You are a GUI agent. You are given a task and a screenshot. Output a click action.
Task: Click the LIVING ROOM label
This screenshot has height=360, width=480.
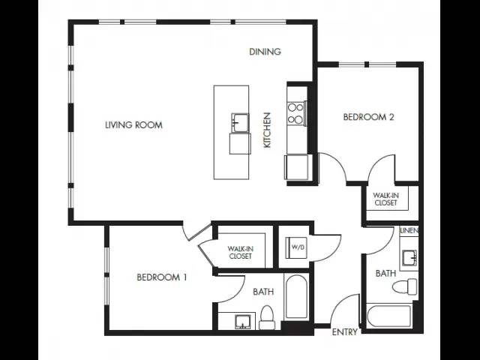[133, 125]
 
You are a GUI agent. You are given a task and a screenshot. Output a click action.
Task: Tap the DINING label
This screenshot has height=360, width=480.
[265, 52]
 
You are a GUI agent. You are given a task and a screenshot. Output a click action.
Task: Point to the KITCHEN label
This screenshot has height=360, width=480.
[267, 130]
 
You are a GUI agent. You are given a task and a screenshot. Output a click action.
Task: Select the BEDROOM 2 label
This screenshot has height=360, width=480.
[368, 117]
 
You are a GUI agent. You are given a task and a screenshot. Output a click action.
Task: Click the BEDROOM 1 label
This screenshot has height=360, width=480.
[162, 277]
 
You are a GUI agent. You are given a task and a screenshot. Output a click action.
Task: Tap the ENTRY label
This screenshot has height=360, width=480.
[345, 331]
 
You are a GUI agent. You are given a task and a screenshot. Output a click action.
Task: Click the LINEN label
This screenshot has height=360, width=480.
[409, 230]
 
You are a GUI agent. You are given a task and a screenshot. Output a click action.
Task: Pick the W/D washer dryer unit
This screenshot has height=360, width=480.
[295, 247]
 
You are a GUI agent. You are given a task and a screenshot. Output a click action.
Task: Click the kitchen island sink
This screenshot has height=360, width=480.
[240, 122]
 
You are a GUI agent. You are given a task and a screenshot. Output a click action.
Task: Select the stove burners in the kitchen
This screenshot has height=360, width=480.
[295, 113]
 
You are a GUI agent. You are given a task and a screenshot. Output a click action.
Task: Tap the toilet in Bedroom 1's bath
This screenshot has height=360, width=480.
[266, 317]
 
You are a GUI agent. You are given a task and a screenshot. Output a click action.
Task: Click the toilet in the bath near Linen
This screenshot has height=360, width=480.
[405, 286]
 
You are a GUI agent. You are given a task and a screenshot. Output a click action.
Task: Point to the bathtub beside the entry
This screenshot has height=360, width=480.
[388, 316]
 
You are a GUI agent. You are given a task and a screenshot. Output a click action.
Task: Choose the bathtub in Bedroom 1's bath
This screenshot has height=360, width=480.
[295, 297]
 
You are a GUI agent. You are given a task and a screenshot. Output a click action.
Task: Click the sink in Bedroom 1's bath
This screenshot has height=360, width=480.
[243, 322]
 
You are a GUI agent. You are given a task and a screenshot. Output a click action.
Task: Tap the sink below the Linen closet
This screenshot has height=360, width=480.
[409, 258]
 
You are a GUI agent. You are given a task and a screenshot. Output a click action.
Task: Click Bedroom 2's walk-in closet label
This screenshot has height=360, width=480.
[385, 199]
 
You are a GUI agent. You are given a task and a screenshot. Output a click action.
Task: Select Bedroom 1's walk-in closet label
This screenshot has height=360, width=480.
[240, 253]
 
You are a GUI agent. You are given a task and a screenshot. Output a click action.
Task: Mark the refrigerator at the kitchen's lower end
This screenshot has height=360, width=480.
[296, 167]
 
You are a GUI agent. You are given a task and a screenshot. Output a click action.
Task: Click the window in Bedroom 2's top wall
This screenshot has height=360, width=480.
[367, 64]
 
